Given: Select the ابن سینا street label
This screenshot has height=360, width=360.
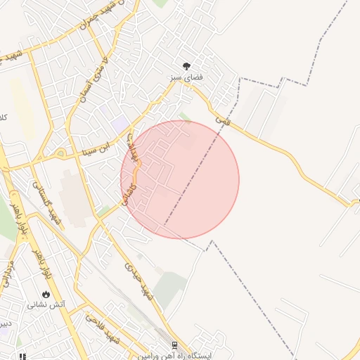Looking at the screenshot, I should click(94, 148).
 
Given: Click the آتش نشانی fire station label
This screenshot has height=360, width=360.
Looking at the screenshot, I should click(46, 304).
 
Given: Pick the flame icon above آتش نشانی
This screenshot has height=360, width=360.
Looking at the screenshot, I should click(46, 294).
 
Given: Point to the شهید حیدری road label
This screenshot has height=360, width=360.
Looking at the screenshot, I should click(137, 278).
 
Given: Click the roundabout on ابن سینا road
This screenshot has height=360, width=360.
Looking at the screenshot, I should click(60, 153).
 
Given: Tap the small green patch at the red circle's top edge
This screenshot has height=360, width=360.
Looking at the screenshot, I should click(185, 117).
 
